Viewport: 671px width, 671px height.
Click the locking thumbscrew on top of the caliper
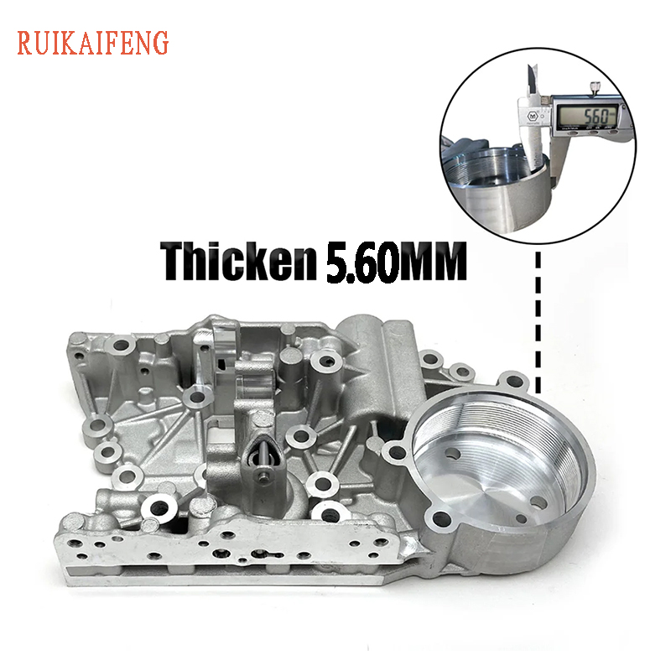[594, 86]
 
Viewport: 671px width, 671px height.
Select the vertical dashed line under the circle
[537, 319]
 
